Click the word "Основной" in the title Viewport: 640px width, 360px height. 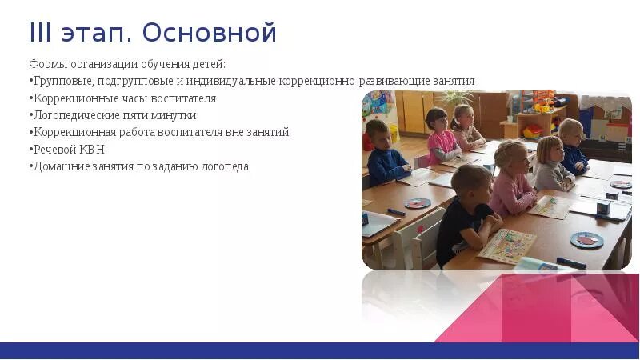pos(210,32)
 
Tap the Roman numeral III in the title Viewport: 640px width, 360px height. pos(41,32)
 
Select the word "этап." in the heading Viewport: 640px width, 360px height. pos(97,34)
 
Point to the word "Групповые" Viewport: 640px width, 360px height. pos(63,82)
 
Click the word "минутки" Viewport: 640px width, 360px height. pos(174,115)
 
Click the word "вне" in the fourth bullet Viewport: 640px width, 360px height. pos(234,132)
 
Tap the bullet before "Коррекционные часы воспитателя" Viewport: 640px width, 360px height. pos(31,98)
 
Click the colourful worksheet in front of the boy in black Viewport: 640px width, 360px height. pos(506,246)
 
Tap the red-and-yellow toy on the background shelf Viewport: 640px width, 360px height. pos(532,131)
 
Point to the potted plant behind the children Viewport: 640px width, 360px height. pos(456,97)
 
